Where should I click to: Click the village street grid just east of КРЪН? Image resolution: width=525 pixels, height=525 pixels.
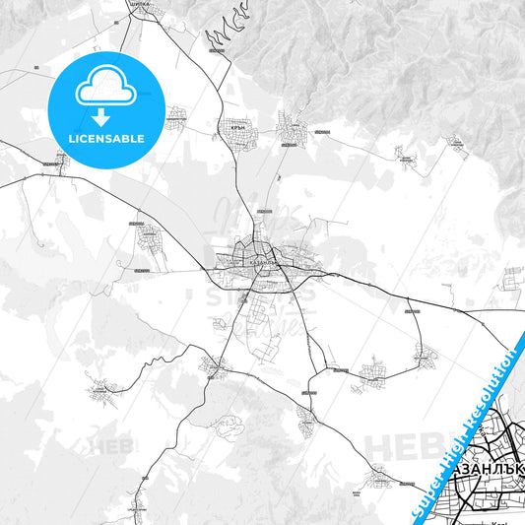pyautogui.click(x=293, y=130)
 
